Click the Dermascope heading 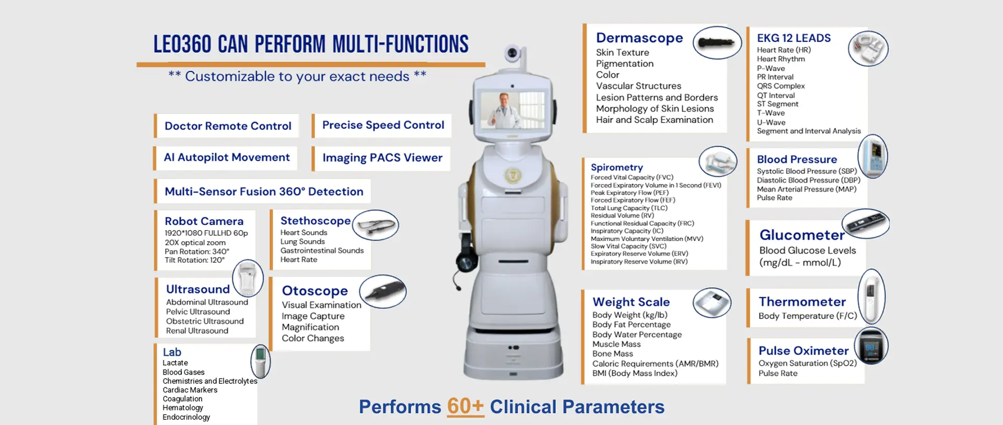639,38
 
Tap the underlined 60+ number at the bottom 465,407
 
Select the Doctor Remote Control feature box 227,126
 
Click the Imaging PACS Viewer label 382,158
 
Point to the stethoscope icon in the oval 375,226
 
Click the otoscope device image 383,291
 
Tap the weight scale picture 712,303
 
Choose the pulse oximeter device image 871,346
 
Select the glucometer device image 866,223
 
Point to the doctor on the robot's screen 504,110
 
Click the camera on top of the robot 513,53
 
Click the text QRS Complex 780,86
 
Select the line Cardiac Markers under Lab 190,390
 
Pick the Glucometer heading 802,235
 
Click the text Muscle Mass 616,344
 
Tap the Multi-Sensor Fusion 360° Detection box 263,192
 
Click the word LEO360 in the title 182,44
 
